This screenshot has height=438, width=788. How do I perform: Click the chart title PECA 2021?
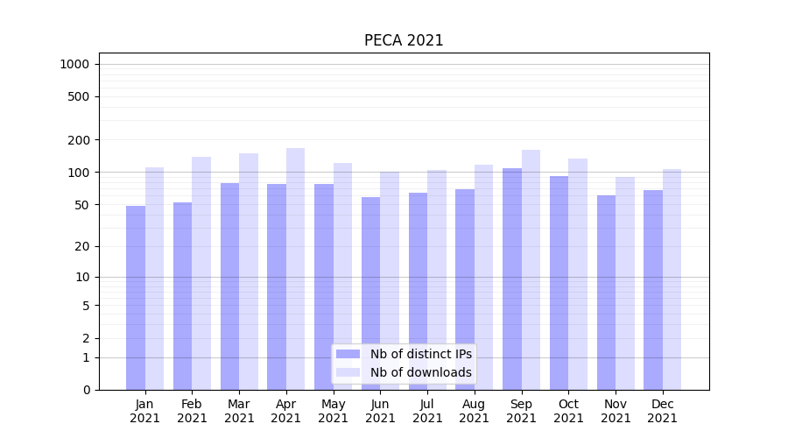(404, 40)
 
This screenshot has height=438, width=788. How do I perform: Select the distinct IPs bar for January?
(136, 298)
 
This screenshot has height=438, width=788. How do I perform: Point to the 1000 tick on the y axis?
(74, 64)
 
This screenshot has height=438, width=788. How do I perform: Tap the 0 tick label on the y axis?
(86, 390)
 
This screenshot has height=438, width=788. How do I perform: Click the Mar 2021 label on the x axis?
(239, 411)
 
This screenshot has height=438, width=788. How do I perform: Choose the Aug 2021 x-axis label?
(474, 411)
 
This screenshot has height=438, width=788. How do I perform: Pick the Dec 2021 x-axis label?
(662, 411)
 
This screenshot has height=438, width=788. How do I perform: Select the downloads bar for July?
(437, 279)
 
